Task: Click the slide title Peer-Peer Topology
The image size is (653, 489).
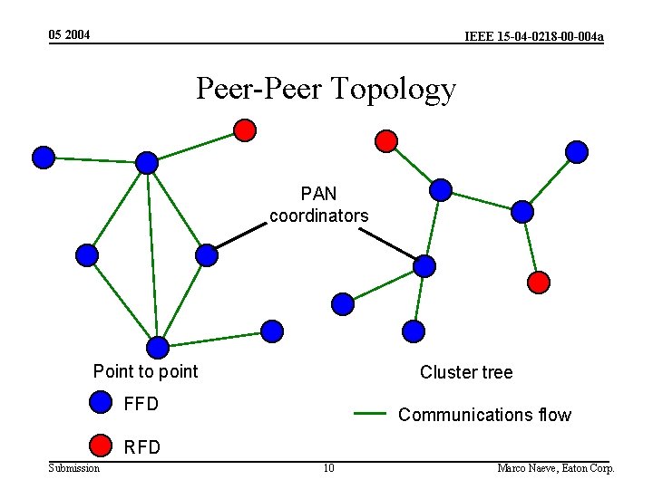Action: coord(326,89)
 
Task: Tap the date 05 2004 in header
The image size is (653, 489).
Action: coord(70,34)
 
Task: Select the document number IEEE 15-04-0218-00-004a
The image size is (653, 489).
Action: coord(533,36)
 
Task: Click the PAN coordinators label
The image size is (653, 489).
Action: coord(318,205)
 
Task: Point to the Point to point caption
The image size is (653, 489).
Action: coord(145,371)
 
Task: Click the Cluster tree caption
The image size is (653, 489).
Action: coord(466,372)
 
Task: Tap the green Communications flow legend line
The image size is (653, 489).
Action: coord(370,414)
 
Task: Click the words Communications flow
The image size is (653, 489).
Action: coord(484,415)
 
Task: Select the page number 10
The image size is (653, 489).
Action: coord(328,468)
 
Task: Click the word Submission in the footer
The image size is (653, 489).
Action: coord(74,468)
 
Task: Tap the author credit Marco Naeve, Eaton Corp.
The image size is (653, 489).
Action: coord(556,468)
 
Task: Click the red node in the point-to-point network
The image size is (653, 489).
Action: coord(244,130)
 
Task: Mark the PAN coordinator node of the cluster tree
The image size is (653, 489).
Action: coord(424,265)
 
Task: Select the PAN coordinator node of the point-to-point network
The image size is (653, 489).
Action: coord(207,255)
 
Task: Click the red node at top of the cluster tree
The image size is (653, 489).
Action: coord(386,140)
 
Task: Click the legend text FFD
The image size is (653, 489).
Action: coord(141,404)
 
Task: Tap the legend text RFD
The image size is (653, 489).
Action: coord(141,446)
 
